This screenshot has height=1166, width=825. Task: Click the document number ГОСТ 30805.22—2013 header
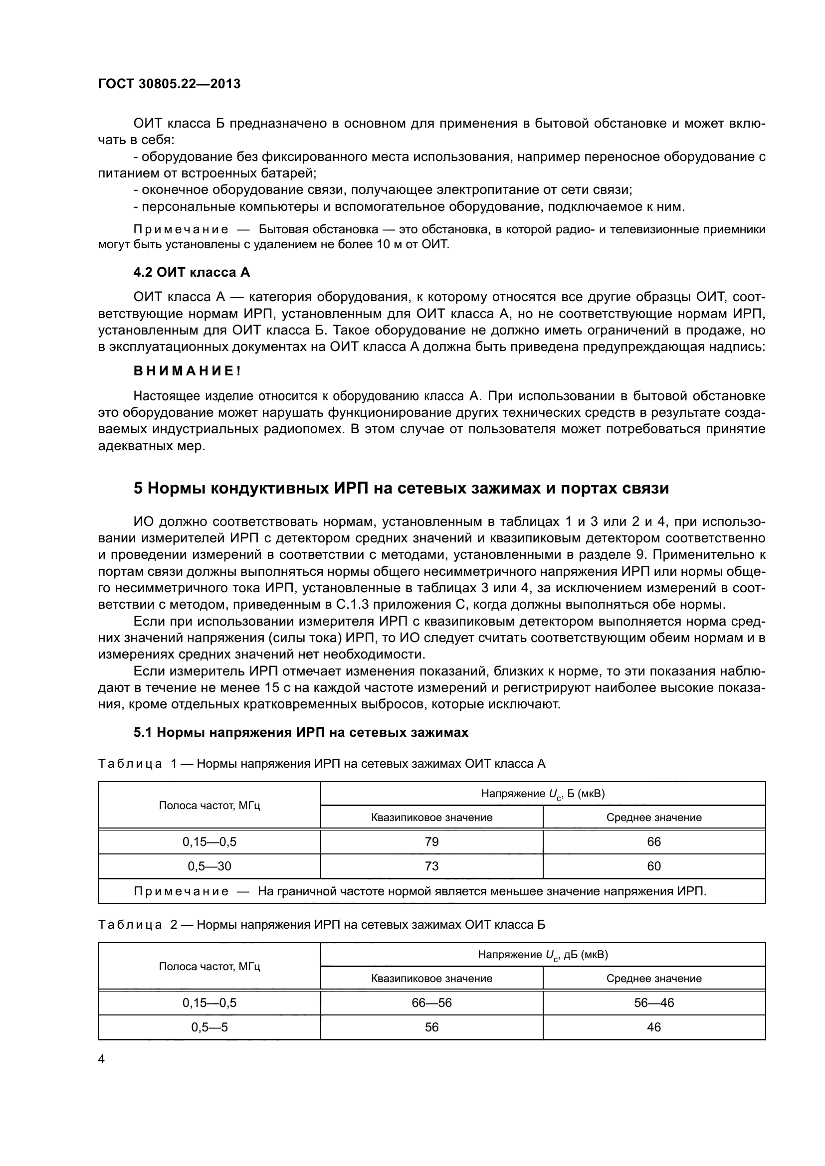[169, 84]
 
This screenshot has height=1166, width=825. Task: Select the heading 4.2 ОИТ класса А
[192, 273]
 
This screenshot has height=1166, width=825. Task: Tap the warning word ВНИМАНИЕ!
[187, 371]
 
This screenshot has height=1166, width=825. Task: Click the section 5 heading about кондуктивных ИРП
[401, 489]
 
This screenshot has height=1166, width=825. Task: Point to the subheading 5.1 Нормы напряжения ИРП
[301, 732]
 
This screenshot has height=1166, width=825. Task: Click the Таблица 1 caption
[321, 764]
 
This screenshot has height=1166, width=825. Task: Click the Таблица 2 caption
[321, 925]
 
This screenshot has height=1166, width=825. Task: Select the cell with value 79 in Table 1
[431, 842]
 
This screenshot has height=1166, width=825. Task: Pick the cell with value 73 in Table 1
[431, 866]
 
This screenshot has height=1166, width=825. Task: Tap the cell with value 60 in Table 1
[654, 866]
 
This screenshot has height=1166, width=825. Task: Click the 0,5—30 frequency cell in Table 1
[209, 866]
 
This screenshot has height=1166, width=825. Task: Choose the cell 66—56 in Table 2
[431, 1003]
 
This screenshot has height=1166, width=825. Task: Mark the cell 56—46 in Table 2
[654, 1003]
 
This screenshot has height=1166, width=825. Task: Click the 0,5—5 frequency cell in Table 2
[209, 1027]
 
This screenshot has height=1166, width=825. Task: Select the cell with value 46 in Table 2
[654, 1027]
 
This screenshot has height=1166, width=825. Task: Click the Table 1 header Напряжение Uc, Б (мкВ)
[543, 794]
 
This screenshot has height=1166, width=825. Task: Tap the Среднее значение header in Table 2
[654, 979]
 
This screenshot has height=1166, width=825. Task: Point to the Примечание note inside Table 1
[419, 891]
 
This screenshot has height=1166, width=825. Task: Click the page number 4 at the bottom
[101, 1059]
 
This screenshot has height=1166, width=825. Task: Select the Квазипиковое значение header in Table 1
[431, 818]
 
